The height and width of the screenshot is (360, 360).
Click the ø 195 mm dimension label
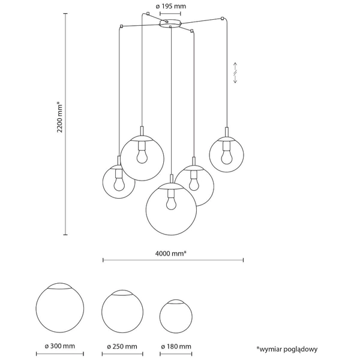click(172, 6)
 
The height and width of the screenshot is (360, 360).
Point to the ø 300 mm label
click(59, 347)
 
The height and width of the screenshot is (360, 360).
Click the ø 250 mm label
click(122, 347)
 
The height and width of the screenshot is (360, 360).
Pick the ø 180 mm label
click(176, 347)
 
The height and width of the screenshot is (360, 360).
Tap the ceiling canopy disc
click(172, 24)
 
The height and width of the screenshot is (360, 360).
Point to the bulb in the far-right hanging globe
click(227, 155)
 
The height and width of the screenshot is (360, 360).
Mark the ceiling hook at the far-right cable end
click(224, 19)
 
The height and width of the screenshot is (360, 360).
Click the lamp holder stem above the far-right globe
click(227, 133)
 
